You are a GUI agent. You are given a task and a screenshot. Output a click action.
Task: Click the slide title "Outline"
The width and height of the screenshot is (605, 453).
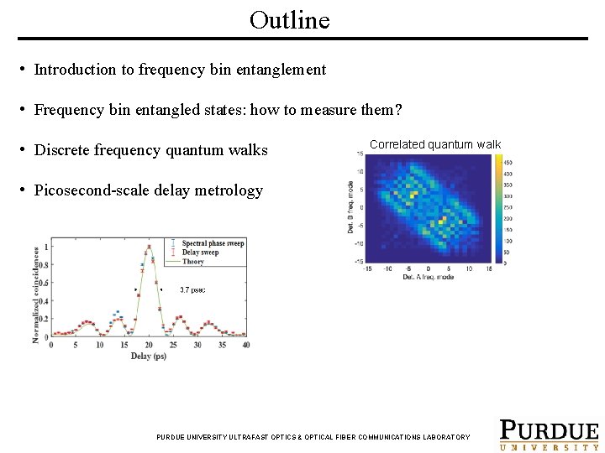[290, 20]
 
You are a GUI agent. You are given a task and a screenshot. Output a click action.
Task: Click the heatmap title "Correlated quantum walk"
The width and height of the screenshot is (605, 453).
[434, 144]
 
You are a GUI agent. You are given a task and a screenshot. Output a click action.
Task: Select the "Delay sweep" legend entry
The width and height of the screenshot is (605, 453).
[199, 253]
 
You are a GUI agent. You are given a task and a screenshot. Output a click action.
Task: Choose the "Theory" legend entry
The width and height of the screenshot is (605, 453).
[192, 262]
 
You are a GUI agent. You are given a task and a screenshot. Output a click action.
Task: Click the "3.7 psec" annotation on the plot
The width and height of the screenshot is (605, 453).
[192, 289]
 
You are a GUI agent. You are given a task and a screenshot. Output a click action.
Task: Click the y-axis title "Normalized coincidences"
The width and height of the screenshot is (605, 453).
[36, 294]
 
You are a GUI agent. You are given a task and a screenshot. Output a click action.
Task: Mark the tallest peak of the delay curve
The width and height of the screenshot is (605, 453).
[149, 246]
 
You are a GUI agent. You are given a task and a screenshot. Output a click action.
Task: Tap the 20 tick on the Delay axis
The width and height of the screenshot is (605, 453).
[149, 345]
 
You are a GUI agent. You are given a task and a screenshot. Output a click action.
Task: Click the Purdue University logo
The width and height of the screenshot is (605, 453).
[549, 434]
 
